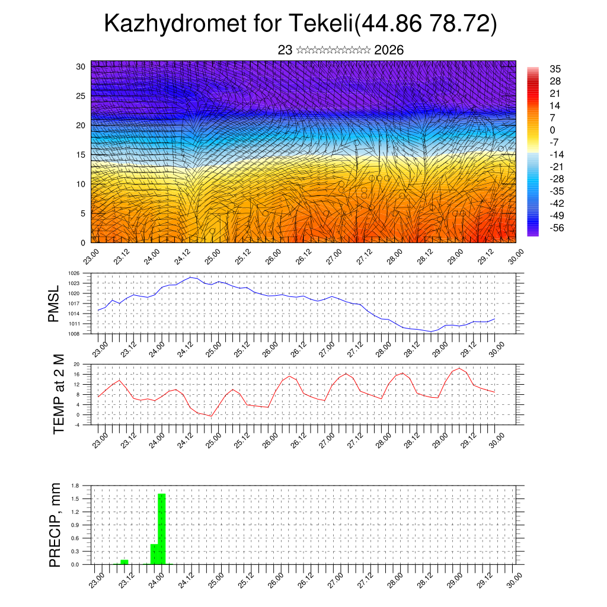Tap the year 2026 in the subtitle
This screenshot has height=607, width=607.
pyautogui.click(x=389, y=50)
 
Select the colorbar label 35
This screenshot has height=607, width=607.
pyautogui.click(x=555, y=69)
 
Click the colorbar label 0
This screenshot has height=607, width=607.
pyautogui.click(x=552, y=130)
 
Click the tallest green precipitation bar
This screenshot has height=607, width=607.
pyautogui.click(x=161, y=528)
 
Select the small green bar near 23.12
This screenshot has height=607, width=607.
pyautogui.click(x=124, y=561)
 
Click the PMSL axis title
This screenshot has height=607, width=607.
pyautogui.click(x=54, y=304)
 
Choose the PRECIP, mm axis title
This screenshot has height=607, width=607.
pyautogui.click(x=55, y=524)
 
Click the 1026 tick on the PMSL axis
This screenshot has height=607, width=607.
pyautogui.click(x=74, y=273)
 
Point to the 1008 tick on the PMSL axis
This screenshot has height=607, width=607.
pyautogui.click(x=74, y=334)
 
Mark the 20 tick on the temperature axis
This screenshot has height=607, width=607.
pyautogui.click(x=76, y=365)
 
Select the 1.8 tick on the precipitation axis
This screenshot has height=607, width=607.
pyautogui.click(x=75, y=485)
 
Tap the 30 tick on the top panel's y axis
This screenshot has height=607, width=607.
pyautogui.click(x=81, y=66)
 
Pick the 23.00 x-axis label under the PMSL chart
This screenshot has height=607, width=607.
pyautogui.click(x=99, y=347)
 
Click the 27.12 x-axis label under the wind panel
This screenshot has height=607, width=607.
pyautogui.click(x=363, y=260)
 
